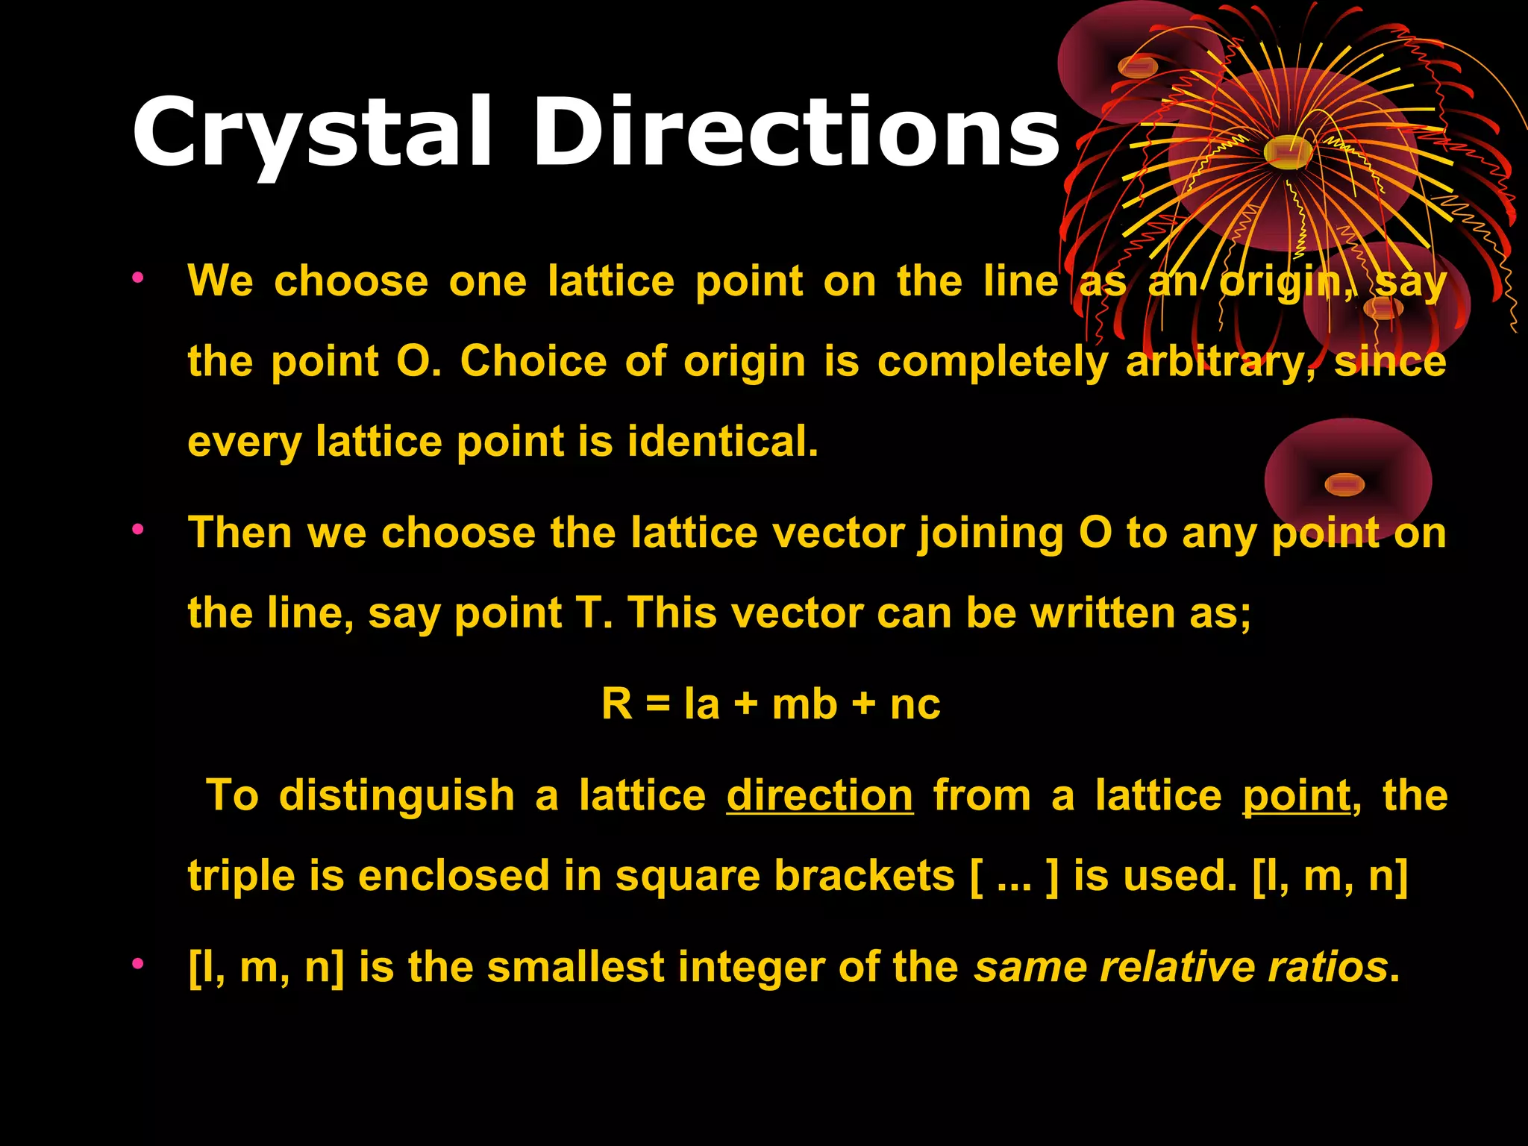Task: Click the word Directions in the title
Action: pos(795,134)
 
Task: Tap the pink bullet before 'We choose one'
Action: pos(137,278)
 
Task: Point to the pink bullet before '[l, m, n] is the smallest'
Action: pos(137,964)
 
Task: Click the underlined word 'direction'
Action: pos(819,795)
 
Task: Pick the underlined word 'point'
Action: pos(1296,795)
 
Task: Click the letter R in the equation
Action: pos(616,704)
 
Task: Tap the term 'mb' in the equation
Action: pos(804,704)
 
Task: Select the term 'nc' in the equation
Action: pos(915,704)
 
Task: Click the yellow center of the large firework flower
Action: pos(1288,151)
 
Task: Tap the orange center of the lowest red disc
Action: pos(1344,485)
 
